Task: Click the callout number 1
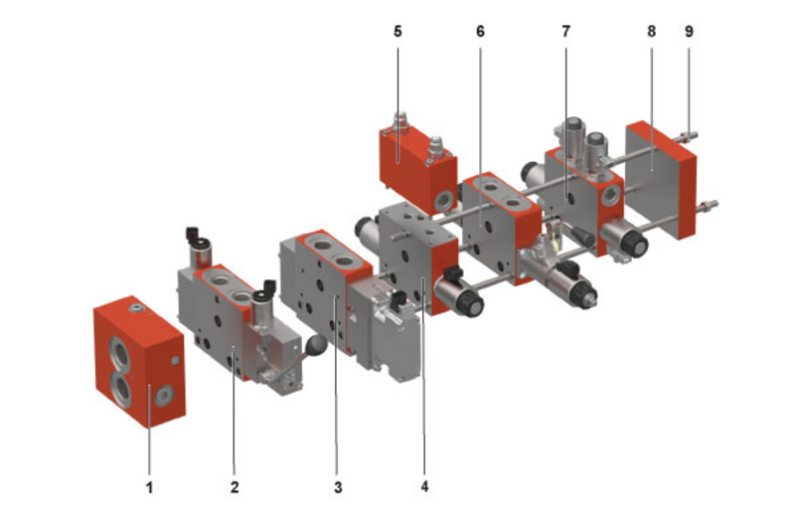[149, 487]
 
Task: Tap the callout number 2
[235, 487]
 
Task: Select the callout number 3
[339, 487]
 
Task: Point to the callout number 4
[424, 487]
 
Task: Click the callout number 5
[397, 31]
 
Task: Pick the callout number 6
[480, 31]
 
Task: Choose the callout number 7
[565, 31]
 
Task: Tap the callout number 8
[651, 31]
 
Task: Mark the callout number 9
[689, 31]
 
